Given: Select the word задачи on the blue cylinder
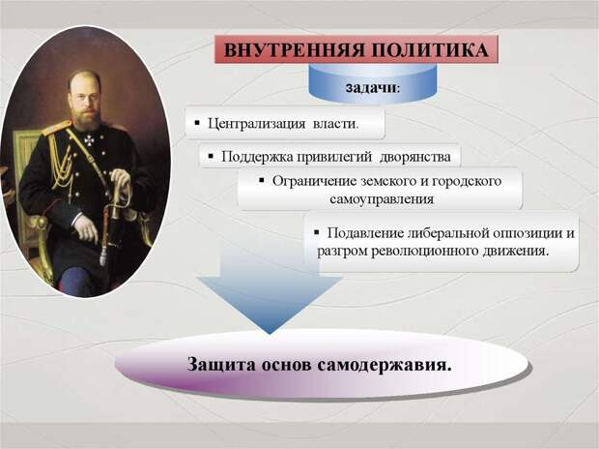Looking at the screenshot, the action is click(371, 87).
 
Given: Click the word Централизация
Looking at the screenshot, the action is click(256, 124).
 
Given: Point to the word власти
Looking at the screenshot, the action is click(336, 124).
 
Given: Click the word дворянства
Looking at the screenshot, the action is click(415, 157).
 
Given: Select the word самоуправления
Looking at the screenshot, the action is click(382, 199).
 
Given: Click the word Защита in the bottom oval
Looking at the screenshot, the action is click(221, 364).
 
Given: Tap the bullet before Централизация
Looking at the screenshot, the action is click(197, 123).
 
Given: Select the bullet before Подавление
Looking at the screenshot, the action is click(316, 232).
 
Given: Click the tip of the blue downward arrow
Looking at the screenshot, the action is click(270, 334).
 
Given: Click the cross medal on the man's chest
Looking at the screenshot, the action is click(89, 140).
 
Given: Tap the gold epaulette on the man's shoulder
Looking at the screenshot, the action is click(56, 128).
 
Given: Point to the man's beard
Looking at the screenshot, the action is click(86, 118).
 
